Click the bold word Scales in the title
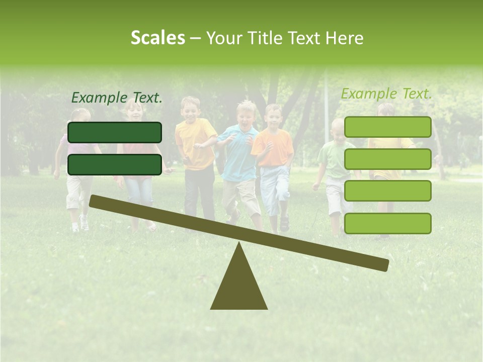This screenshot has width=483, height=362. pos(157,38)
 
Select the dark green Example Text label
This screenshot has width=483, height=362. pos(117,98)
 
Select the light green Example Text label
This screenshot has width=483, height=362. pos(386,94)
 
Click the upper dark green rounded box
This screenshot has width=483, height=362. pos(115,132)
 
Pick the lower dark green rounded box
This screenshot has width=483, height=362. pos(115,164)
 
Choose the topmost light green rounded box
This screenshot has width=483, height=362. pos(388,127)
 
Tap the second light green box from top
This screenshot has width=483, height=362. pos(388,159)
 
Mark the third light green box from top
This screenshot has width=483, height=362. pos(388,191)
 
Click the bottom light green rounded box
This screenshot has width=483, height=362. pos(388,223)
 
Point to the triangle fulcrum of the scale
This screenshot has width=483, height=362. pos(239,284)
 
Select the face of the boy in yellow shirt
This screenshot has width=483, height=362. pos(191,109)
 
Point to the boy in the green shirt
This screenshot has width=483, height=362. pos(336,161)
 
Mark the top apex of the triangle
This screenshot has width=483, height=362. pos(239,243)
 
